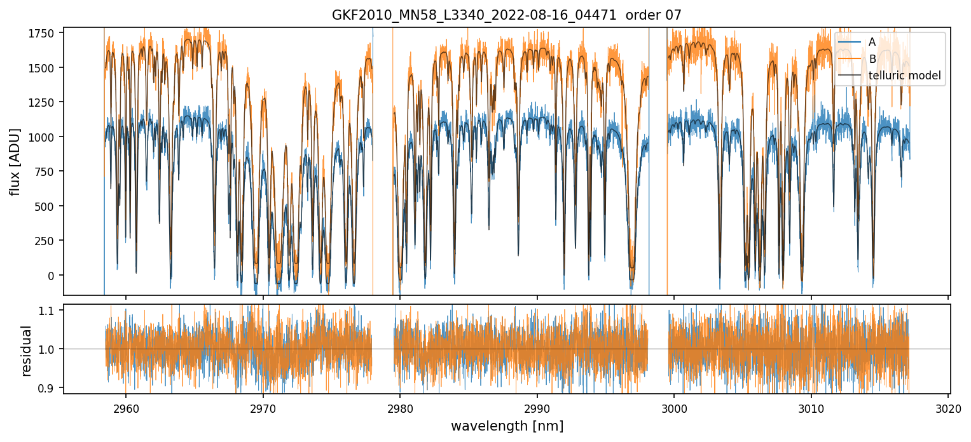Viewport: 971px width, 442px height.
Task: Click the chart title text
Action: point(507,15)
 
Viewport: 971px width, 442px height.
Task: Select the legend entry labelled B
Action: point(872,59)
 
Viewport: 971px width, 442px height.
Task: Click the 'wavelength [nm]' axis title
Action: point(507,426)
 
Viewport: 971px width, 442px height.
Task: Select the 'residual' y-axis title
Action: point(26,351)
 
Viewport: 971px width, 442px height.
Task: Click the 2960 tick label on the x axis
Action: point(126,408)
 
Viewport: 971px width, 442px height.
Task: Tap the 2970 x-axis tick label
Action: point(263,408)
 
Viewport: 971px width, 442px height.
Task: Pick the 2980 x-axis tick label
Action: point(400,408)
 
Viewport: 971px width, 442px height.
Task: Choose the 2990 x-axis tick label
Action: point(537,408)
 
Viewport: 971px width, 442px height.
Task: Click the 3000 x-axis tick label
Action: point(674,408)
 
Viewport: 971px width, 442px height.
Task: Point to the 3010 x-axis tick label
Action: point(811,408)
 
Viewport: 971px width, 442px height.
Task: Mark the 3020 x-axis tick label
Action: point(948,408)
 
